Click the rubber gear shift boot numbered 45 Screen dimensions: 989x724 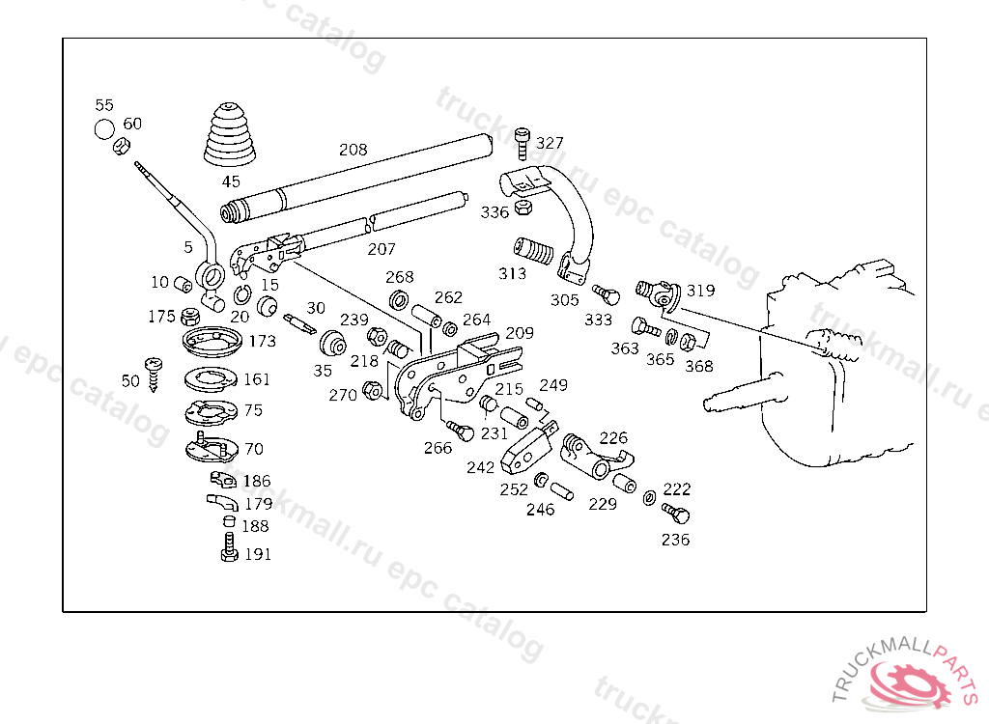[x=231, y=135]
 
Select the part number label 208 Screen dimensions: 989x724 [x=353, y=150]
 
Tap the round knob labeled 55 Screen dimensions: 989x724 [x=104, y=129]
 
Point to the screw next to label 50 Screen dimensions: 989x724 [x=153, y=375]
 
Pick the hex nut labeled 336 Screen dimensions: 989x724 [x=523, y=207]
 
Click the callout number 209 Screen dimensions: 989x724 [x=520, y=333]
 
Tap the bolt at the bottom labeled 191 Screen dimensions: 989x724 [x=230, y=547]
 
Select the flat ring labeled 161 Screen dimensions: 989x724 [x=212, y=378]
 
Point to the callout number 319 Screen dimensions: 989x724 [x=701, y=291]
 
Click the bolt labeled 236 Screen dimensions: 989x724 [x=675, y=513]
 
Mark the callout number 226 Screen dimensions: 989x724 [x=613, y=437]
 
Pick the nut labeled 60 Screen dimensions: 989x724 [x=121, y=147]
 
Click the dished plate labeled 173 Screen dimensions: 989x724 [x=212, y=341]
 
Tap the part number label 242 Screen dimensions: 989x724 [x=481, y=467]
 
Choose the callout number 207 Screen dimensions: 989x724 [x=381, y=250]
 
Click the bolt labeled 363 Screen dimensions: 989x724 [x=646, y=326]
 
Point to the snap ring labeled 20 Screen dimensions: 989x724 [x=242, y=294]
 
